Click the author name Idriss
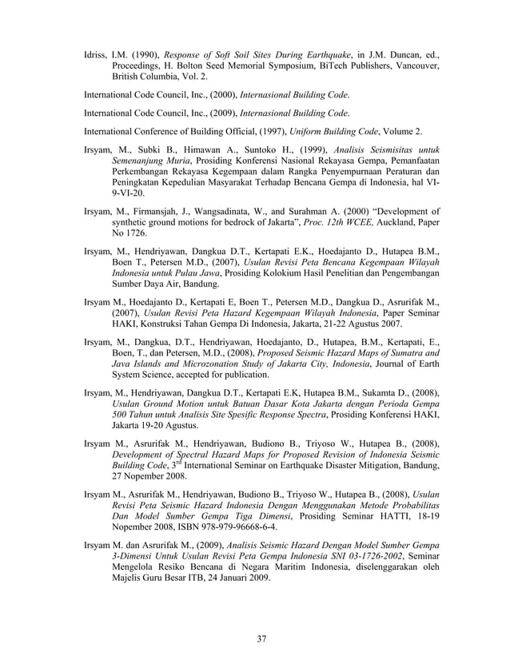[x=97, y=57]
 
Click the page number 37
[x=261, y=638]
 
